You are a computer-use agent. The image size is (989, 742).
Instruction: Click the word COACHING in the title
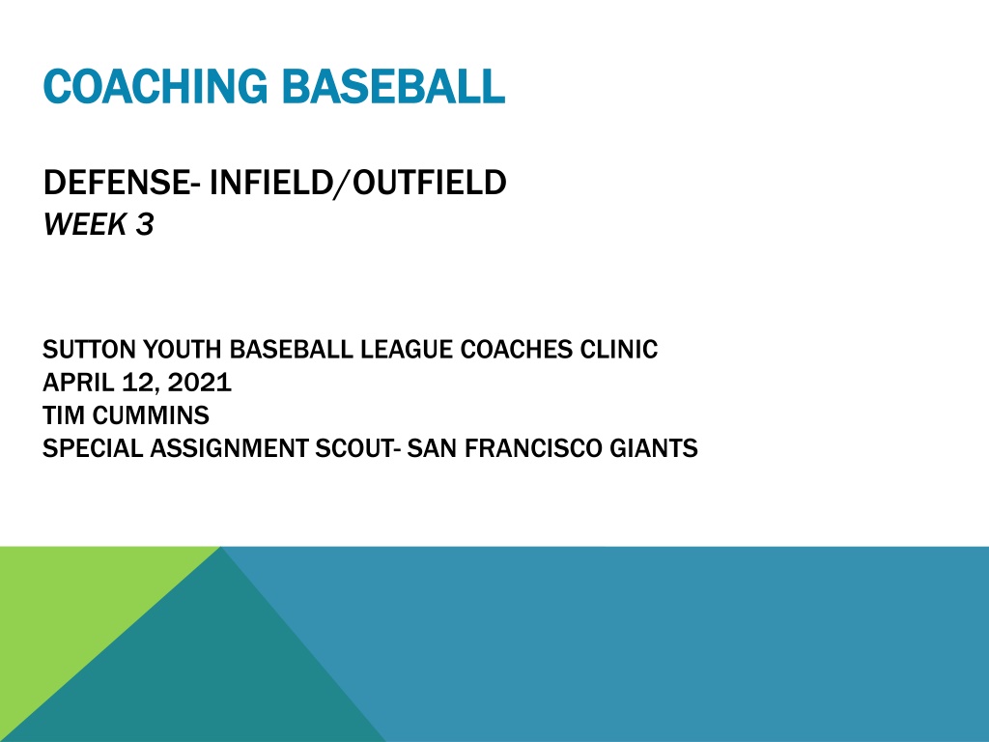pos(155,86)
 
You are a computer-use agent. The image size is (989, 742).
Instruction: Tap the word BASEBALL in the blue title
pos(393,86)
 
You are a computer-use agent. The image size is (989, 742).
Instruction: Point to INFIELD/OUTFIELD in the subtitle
pos(357,183)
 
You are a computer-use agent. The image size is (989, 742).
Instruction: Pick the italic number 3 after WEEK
pos(145,224)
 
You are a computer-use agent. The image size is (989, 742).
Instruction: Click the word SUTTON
pos(88,350)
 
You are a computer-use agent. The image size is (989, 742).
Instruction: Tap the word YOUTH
pos(183,350)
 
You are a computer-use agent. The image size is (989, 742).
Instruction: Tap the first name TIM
pos(63,415)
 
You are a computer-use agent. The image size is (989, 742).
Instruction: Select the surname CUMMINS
pos(151,415)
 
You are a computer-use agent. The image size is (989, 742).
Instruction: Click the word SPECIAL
pos(92,448)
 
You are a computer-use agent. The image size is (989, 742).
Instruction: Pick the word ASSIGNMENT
pos(229,448)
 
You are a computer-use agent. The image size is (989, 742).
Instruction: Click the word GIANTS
pos(654,448)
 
